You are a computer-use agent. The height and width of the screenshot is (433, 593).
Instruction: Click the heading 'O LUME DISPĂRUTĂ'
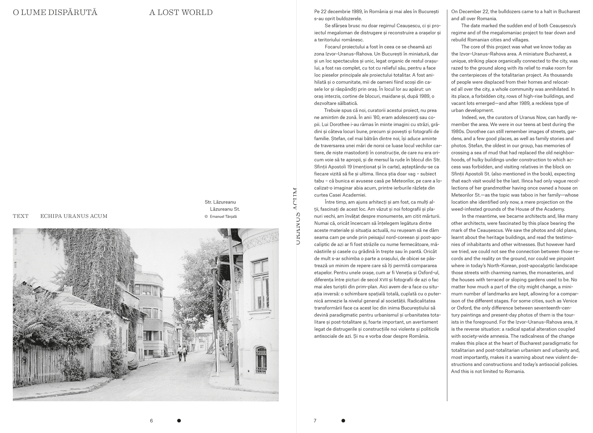[x=55, y=13]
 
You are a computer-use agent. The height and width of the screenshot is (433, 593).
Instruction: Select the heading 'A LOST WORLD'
[x=181, y=13]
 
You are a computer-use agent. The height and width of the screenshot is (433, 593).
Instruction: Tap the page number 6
[x=151, y=420]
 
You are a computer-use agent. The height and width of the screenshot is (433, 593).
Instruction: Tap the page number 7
[x=315, y=420]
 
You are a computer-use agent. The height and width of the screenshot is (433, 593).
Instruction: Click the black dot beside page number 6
[x=179, y=420]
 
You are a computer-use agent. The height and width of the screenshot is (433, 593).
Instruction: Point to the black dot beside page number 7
[x=343, y=420]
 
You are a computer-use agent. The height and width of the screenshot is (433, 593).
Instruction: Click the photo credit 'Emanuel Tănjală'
[x=223, y=216]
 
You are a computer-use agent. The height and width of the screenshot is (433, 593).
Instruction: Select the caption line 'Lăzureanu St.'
[x=225, y=209]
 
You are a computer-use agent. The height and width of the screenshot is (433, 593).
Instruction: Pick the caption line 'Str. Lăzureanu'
[x=220, y=202]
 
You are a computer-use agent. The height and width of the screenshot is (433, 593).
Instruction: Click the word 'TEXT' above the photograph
[x=21, y=216]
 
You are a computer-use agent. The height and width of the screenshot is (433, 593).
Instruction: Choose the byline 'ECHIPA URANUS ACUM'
[x=74, y=216]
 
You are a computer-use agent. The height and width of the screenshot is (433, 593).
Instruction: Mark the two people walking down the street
[x=182, y=353]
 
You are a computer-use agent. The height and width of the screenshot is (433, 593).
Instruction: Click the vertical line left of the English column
[x=447, y=205]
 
